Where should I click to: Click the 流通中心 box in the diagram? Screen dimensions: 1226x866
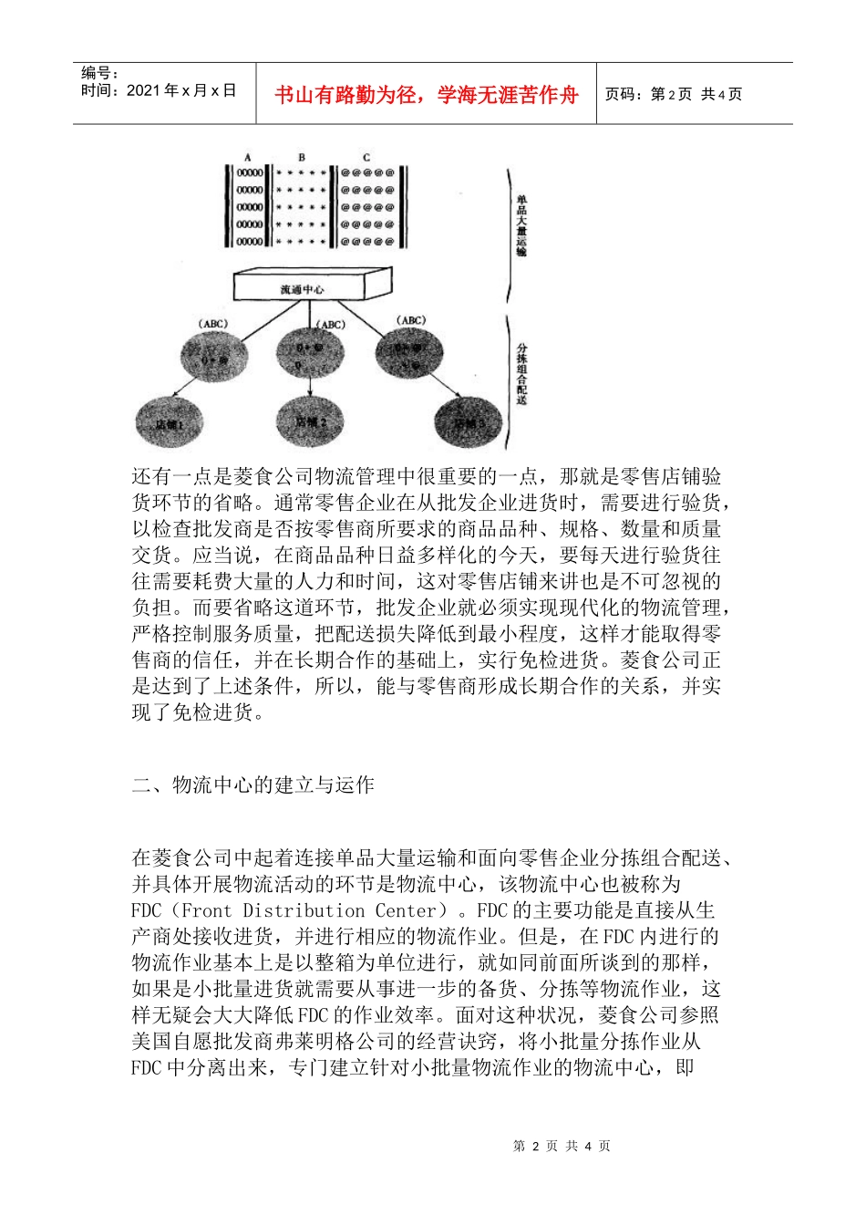(301, 288)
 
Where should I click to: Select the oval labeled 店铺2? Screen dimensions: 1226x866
(310, 422)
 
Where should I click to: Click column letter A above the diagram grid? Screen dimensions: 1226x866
(248, 158)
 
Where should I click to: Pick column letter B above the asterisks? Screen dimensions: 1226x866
(302, 158)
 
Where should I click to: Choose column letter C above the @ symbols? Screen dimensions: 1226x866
(366, 158)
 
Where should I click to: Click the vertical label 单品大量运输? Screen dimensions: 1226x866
(521, 224)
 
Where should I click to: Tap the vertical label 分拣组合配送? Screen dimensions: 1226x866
(521, 373)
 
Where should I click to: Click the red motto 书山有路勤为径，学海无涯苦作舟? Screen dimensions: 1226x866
(427, 95)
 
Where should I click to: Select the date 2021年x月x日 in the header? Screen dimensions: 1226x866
(181, 90)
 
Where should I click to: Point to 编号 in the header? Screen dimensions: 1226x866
(98, 73)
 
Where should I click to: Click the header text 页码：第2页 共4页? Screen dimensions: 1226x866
(674, 94)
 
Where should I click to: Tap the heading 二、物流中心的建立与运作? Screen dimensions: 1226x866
(253, 784)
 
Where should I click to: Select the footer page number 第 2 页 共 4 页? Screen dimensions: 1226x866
(562, 1146)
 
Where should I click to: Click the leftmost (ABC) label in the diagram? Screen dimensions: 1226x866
(212, 324)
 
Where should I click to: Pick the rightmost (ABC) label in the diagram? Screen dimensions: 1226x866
(411, 320)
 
